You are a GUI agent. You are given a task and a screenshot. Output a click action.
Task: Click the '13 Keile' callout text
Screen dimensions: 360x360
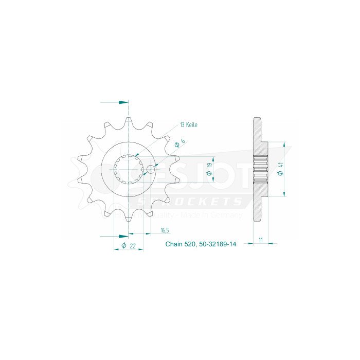pyautogui.click(x=188, y=125)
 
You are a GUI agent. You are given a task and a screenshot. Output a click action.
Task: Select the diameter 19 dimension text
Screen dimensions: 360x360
pyautogui.click(x=209, y=169)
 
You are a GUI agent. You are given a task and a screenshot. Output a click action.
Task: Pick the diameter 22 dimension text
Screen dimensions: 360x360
pyautogui.click(x=129, y=246)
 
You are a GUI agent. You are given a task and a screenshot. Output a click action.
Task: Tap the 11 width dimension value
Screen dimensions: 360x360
pyautogui.click(x=261, y=240)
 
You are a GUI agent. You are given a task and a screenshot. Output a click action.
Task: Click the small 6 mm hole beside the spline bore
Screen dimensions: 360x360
pyautogui.click(x=150, y=168)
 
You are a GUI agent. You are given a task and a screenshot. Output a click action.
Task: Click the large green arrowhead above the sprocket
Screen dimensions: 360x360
pyautogui.click(x=123, y=102)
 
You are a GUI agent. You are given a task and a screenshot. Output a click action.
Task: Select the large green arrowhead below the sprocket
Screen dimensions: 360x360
pyautogui.click(x=123, y=237)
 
